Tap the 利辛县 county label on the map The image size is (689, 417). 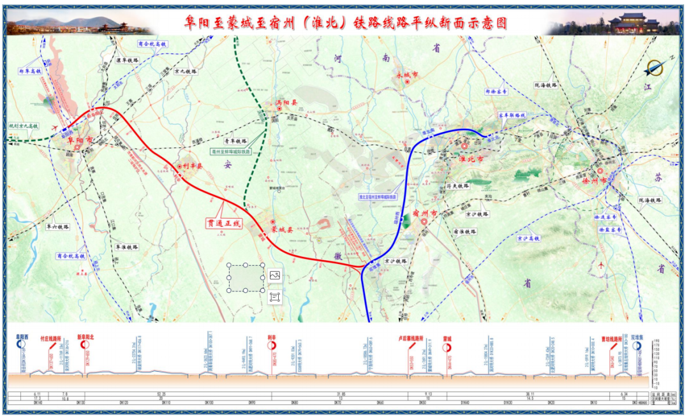191,166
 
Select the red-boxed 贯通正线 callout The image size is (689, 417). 223,224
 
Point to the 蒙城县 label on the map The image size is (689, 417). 281,229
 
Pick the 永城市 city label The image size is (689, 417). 406,75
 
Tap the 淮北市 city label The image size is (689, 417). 471,159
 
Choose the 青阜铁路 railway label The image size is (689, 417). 235,141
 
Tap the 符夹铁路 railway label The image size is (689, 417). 457,186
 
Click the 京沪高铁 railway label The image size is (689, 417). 528,238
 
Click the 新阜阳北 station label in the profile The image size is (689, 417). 85,336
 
